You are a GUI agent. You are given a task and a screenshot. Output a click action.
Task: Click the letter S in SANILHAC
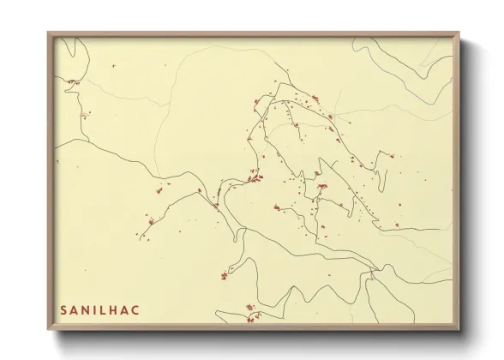(x=63, y=309)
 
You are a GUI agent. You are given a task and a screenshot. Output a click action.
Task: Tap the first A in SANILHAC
(x=75, y=309)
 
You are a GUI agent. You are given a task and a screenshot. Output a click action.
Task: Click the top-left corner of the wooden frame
(x=49, y=33)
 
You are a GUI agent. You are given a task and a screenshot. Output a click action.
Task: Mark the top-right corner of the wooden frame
(x=459, y=33)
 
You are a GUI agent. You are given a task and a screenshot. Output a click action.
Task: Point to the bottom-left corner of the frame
(x=49, y=329)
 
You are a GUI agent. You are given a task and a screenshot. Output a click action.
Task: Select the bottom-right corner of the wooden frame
(x=459, y=329)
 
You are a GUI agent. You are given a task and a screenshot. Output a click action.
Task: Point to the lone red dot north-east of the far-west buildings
(x=111, y=65)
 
